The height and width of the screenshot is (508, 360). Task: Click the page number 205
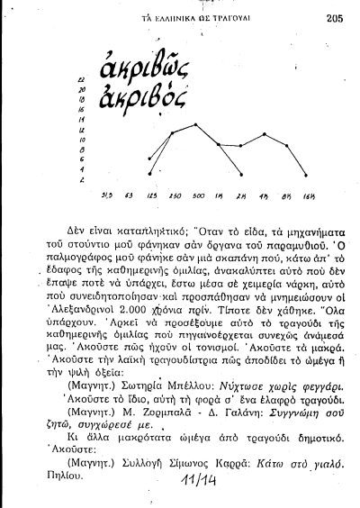(335, 16)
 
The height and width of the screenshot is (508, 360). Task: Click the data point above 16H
(306, 174)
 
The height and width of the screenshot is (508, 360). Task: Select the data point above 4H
(261, 143)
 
